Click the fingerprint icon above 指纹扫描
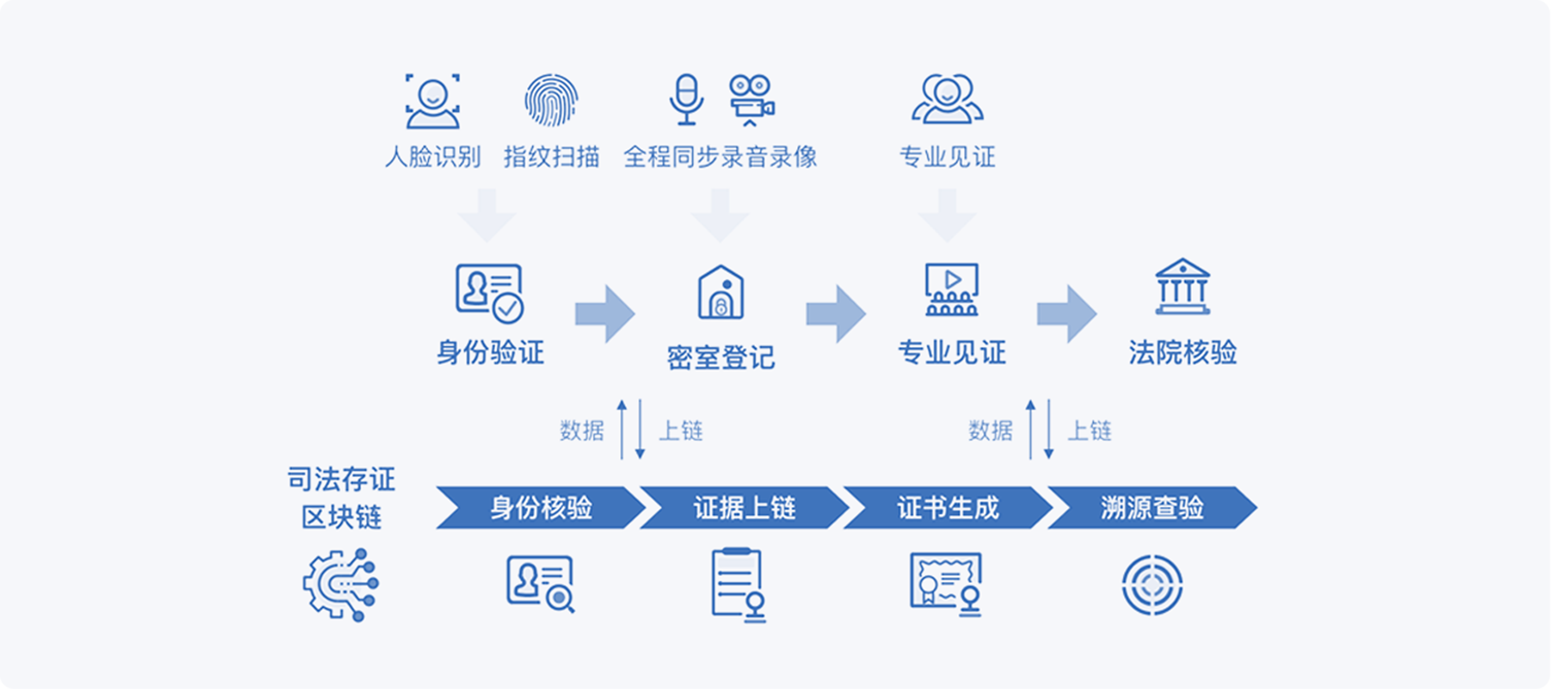click(551, 100)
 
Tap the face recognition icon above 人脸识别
click(432, 101)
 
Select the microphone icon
click(686, 100)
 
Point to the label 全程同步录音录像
click(720, 157)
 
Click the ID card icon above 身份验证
click(490, 293)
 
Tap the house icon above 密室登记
click(720, 292)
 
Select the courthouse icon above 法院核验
click(1182, 287)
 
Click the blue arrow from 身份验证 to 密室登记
click(605, 314)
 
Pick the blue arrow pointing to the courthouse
click(1067, 314)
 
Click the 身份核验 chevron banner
click(541, 508)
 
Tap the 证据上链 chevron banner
click(744, 508)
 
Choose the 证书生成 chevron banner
click(948, 508)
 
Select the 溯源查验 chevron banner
click(1152, 508)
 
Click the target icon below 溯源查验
click(1152, 585)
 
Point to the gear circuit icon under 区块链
click(341, 585)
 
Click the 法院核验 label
click(1182, 352)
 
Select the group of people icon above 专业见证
click(947, 99)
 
